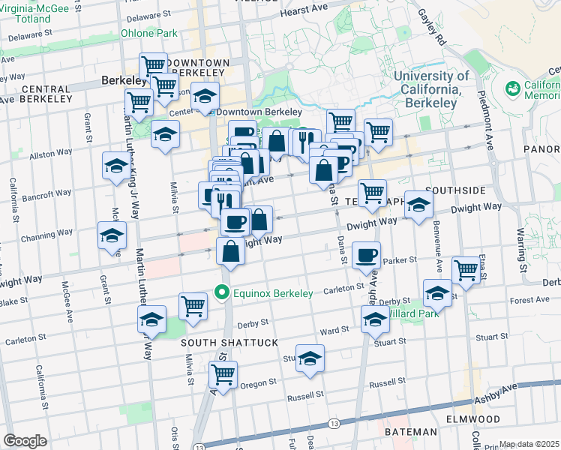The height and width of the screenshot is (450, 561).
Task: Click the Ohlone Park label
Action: coord(149,33)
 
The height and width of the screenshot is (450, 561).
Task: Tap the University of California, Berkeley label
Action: coord(431,88)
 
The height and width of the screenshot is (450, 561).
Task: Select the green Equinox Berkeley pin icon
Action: coord(221,292)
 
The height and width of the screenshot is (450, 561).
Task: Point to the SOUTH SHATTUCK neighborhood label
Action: coord(230,342)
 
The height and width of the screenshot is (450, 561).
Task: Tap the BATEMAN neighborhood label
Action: coord(410,432)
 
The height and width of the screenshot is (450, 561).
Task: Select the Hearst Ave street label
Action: coord(304,13)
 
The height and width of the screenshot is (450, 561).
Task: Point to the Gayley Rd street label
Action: coord(432,25)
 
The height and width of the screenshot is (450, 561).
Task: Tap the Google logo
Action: coord(25,440)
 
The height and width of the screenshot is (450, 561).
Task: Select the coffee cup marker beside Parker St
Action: coord(365,255)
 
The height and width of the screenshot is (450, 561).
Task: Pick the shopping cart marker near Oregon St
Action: coord(223,373)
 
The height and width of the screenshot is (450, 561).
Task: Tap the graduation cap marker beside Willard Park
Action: coord(437,293)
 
